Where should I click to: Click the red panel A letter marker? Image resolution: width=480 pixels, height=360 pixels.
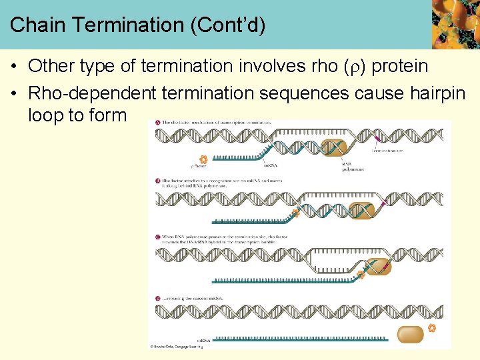[157, 123]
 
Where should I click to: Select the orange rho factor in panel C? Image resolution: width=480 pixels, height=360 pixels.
[361, 273]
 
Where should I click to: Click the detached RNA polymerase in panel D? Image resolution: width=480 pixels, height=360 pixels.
[410, 334]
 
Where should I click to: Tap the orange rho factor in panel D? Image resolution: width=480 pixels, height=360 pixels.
[431, 329]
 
